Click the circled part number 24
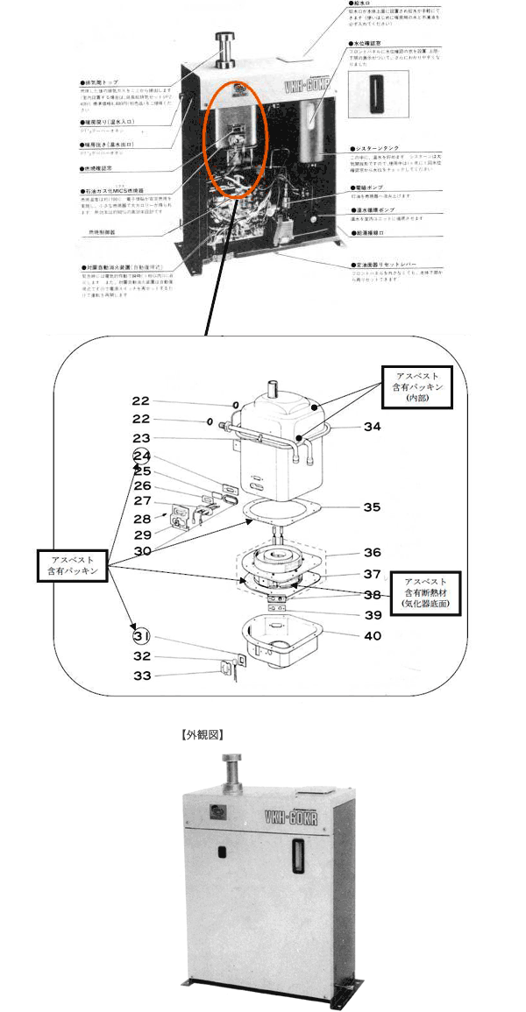pyautogui.click(x=141, y=456)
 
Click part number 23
pyautogui.click(x=141, y=437)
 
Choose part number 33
pyautogui.click(x=141, y=675)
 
